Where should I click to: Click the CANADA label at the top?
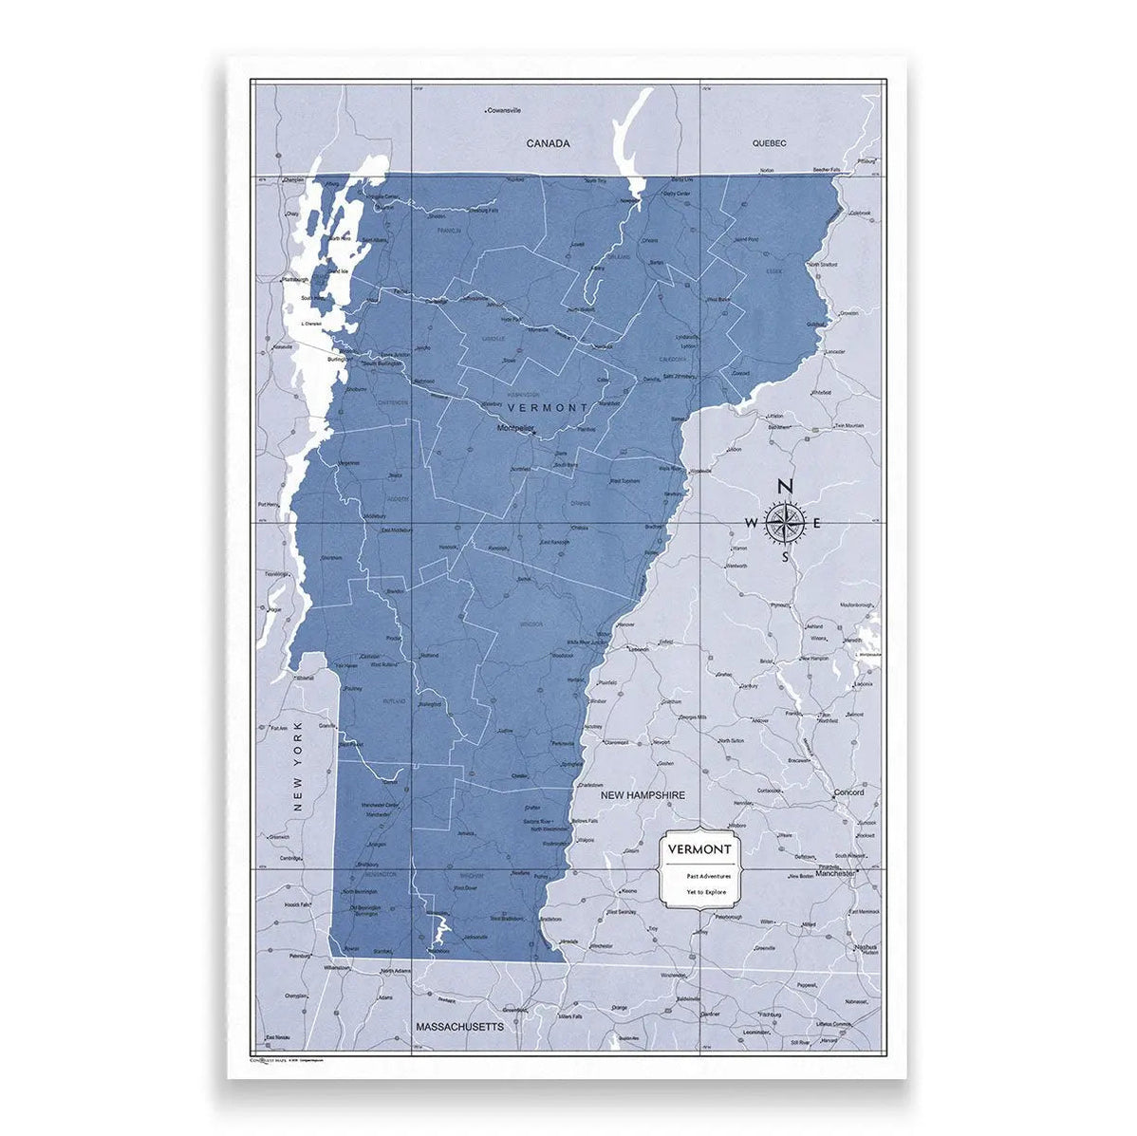point(549,143)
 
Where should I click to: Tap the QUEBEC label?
point(769,143)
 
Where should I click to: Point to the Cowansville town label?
point(505,111)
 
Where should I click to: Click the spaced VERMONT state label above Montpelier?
point(549,407)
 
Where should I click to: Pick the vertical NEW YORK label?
point(297,766)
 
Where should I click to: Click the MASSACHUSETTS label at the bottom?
point(460,1026)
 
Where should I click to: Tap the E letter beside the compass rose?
point(817,522)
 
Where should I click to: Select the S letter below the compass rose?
point(785,557)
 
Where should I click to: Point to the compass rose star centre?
point(785,522)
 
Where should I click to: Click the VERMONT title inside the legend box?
point(699,848)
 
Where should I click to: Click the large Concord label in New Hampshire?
point(848,792)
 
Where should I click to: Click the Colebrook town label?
point(861,213)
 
